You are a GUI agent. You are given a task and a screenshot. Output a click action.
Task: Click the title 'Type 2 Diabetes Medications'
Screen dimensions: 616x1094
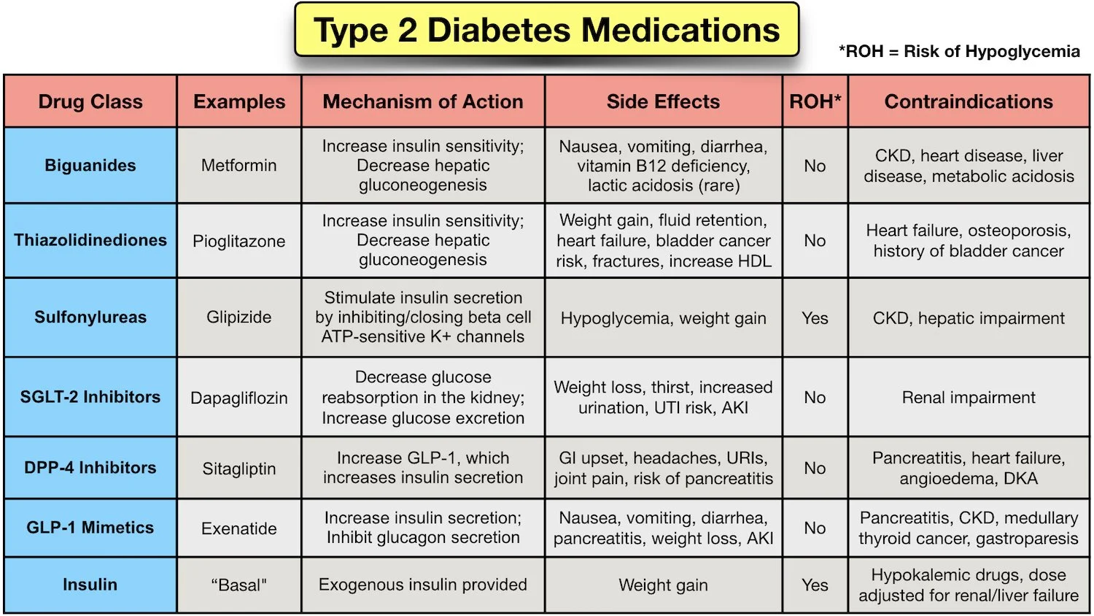tap(546, 31)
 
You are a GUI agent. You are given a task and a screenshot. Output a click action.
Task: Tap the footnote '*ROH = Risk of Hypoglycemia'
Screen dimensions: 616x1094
tap(959, 52)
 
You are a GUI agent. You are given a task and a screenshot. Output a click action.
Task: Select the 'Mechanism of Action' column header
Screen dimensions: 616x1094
tap(423, 101)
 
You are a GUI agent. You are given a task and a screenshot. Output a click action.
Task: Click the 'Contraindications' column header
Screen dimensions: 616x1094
tap(969, 101)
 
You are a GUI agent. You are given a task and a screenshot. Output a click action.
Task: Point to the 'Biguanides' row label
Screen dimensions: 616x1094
tap(90, 166)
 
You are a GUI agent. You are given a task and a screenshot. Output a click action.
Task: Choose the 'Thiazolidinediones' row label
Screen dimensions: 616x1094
tap(90, 240)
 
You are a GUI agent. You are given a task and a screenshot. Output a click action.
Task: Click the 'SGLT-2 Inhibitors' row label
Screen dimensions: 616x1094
tap(90, 397)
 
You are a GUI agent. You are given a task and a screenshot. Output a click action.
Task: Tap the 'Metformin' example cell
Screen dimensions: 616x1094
tap(239, 166)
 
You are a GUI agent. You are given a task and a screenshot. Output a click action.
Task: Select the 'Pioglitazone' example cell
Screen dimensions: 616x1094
tap(239, 242)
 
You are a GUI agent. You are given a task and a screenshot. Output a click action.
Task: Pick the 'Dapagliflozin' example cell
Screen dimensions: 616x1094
tap(239, 398)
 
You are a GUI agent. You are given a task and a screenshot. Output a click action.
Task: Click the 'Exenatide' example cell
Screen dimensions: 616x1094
tap(239, 528)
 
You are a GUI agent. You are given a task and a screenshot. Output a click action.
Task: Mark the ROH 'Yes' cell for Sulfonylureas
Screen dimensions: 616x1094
tap(815, 318)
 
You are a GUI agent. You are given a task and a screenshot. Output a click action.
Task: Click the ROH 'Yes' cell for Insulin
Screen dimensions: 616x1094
tap(815, 585)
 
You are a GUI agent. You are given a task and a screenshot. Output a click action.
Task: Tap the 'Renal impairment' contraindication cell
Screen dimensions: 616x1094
tap(969, 398)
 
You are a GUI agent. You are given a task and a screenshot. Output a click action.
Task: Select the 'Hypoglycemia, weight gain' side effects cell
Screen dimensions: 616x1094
tap(663, 318)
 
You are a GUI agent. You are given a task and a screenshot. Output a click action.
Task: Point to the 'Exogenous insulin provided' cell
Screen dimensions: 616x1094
tap(423, 585)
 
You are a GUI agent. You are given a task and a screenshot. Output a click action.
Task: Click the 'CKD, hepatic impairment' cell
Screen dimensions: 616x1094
tap(969, 318)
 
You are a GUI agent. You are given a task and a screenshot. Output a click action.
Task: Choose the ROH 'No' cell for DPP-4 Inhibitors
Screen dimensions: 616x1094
tap(815, 469)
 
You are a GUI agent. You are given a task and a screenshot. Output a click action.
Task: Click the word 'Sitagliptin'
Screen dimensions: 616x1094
tap(239, 469)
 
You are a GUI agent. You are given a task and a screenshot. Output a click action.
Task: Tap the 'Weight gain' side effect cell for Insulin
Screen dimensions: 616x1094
tap(663, 585)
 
